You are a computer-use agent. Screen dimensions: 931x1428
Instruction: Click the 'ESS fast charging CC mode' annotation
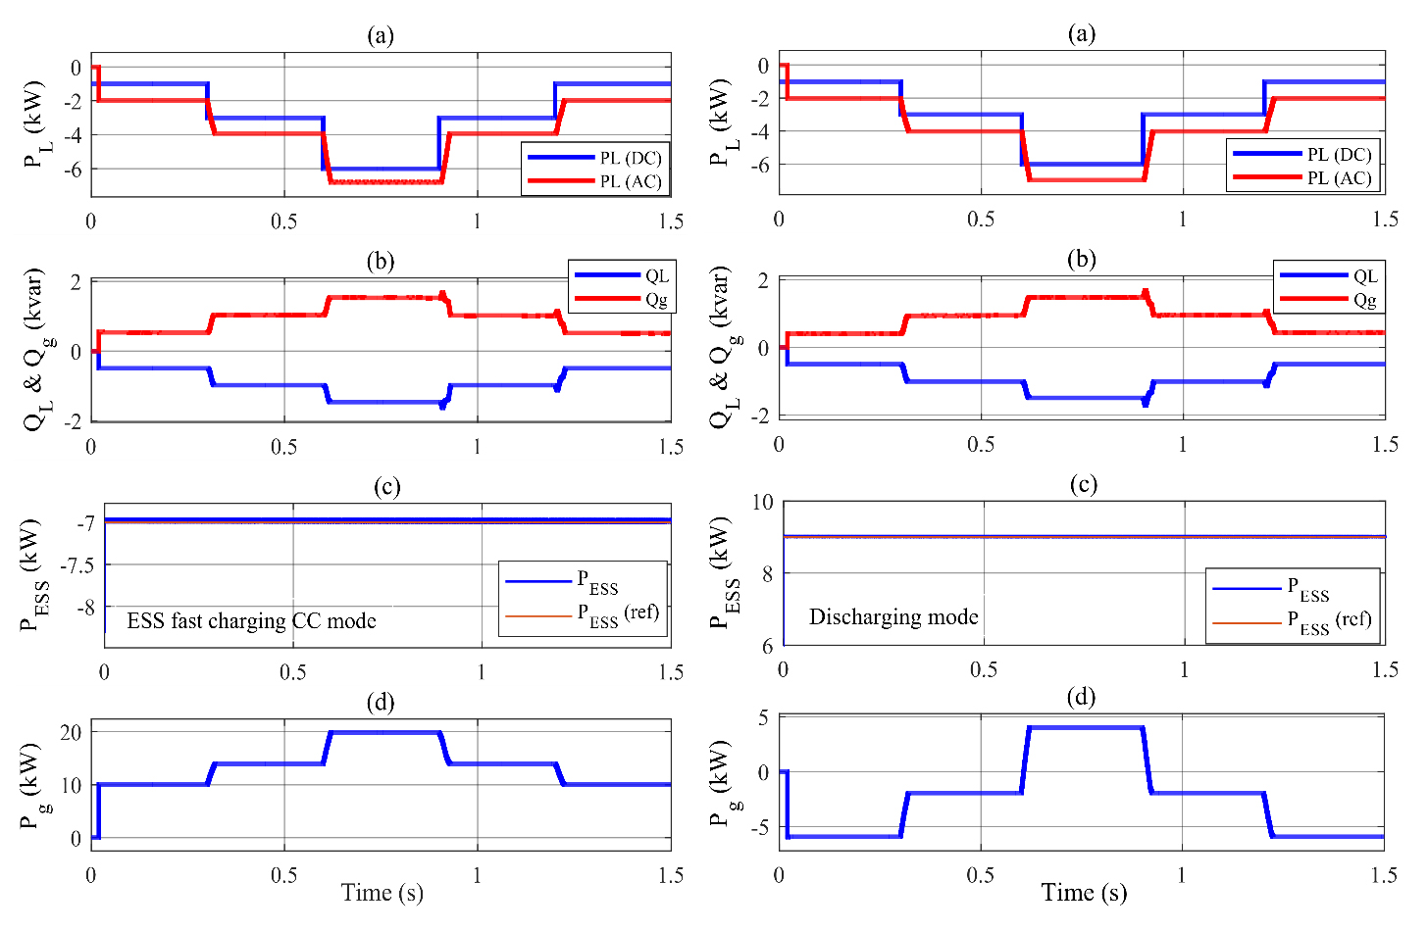(x=251, y=621)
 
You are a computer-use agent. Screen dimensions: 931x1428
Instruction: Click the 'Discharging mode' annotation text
(x=892, y=617)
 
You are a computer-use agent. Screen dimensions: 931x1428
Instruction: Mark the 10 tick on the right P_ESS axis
(x=762, y=503)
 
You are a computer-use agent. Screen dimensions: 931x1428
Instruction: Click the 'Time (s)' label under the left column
(x=382, y=893)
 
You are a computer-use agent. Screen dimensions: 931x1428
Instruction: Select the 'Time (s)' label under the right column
(x=1084, y=893)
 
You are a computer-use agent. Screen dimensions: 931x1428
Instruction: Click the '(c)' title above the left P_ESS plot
(x=387, y=487)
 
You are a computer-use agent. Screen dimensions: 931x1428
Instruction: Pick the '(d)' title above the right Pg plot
(x=1082, y=698)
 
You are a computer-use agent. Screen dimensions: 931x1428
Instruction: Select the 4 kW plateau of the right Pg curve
(x=1085, y=727)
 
